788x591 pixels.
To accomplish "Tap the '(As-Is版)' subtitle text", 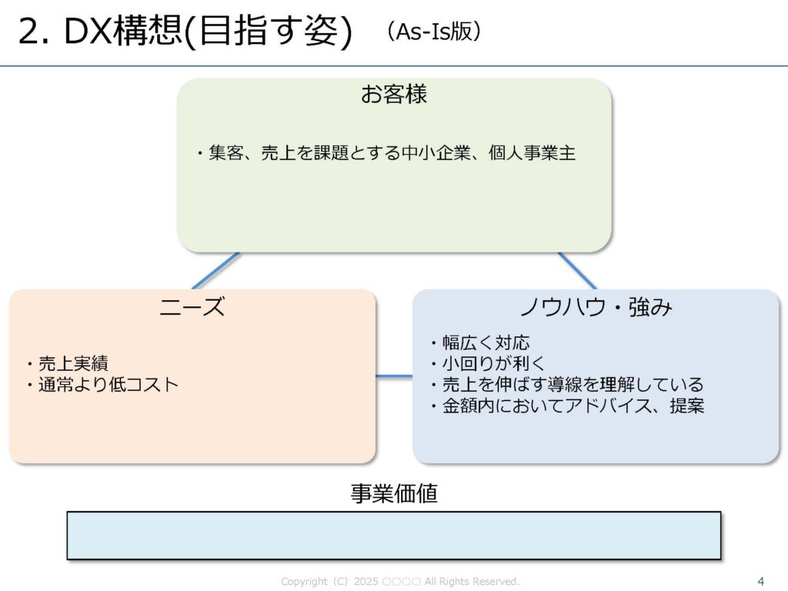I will coord(435,32).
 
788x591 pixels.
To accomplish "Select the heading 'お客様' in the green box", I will coord(394,95).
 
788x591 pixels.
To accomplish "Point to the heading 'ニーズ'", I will coord(192,308).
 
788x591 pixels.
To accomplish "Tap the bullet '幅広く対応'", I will coord(481,342).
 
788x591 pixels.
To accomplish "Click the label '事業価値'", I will coord(394,494).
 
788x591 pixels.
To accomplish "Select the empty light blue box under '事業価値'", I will coord(394,535).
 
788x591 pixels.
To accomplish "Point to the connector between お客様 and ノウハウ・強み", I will coord(577,270).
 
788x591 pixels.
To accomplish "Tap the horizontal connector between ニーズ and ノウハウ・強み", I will coord(394,376).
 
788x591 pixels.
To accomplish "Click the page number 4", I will coord(761,581).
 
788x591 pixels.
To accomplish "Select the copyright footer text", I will coord(400,582).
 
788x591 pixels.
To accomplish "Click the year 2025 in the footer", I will coord(366,582).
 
